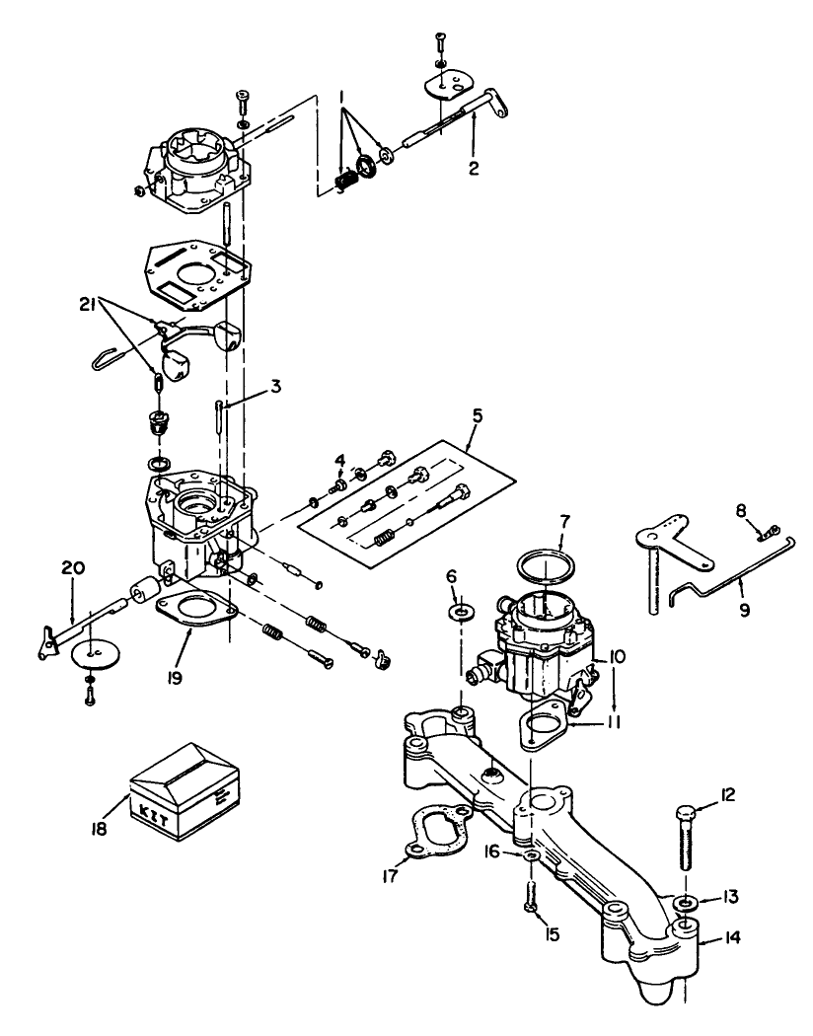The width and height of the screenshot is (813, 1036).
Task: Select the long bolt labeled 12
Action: click(687, 849)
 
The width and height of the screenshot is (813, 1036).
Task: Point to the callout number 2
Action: click(474, 168)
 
